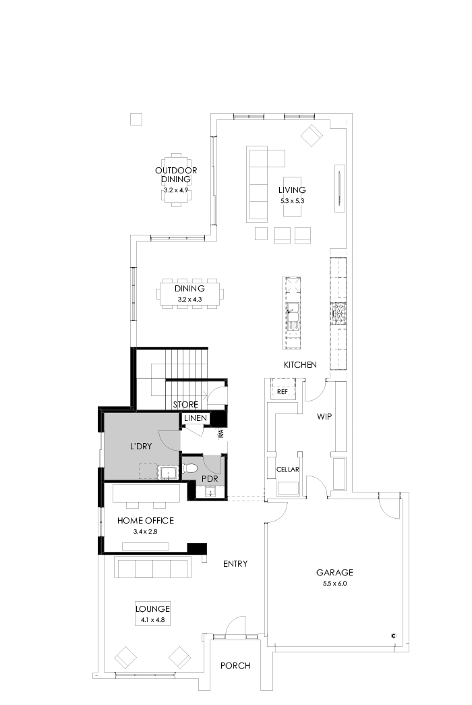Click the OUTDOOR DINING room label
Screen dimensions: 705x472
pos(176,175)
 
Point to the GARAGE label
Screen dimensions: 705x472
pos(334,573)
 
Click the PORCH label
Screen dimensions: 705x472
pos(235,666)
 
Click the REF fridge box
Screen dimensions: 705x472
pos(282,391)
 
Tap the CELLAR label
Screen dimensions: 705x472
pos(287,470)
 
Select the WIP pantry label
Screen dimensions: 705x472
pos(324,416)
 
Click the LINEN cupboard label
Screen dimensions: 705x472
pos(195,419)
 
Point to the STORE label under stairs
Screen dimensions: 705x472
pos(185,405)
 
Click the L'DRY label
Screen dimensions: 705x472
pos(142,447)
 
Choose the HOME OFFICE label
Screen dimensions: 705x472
pos(146,521)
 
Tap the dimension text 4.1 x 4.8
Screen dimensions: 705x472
pos(152,619)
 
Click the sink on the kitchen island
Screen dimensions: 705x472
pos(293,312)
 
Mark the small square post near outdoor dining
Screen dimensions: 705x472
pos(136,119)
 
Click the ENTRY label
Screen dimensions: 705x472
pos(235,564)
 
